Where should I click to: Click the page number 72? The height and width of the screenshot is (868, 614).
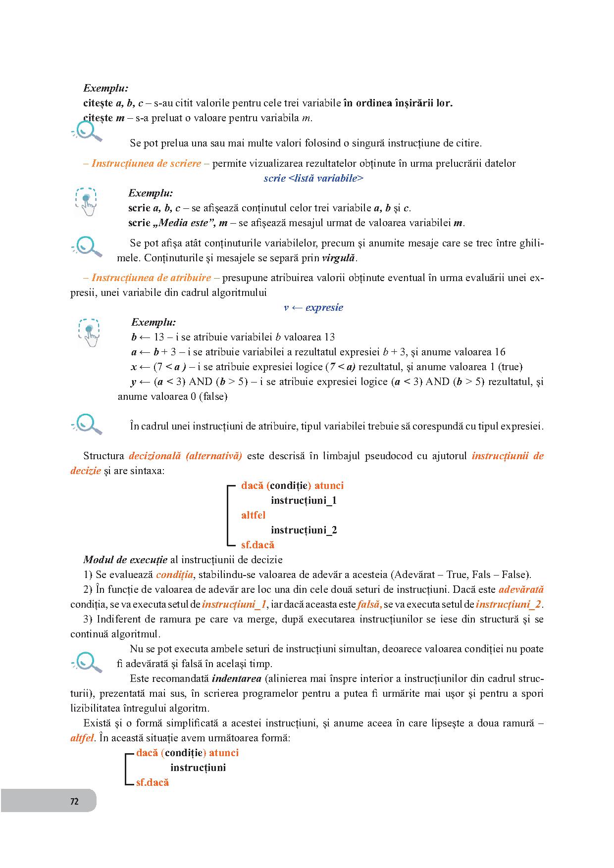(74, 802)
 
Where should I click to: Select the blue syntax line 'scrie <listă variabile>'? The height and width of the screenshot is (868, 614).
(313, 179)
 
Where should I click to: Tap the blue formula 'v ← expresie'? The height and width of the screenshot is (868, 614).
(313, 307)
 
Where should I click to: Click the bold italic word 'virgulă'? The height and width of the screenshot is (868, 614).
(338, 258)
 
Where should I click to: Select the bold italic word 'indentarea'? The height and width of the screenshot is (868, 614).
(236, 679)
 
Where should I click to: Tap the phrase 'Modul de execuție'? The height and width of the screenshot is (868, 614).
(125, 560)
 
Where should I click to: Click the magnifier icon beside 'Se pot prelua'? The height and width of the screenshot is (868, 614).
(87, 132)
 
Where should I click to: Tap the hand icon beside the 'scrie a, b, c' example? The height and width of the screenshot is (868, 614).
(87, 202)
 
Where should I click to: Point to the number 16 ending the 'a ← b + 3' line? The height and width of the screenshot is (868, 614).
(500, 352)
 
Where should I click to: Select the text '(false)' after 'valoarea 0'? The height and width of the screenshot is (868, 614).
(213, 397)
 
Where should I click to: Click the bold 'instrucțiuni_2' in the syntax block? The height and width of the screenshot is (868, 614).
(304, 530)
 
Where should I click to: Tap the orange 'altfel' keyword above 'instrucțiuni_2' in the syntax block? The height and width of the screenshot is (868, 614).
(253, 516)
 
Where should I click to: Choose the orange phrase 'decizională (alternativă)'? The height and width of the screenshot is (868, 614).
(185, 456)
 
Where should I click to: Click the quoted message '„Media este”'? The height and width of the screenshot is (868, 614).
(184, 223)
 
